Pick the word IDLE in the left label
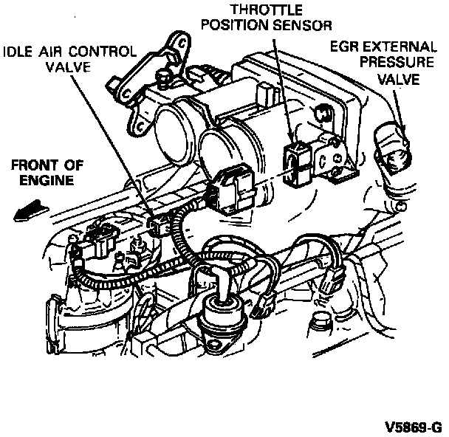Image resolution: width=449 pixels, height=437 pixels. click(x=18, y=52)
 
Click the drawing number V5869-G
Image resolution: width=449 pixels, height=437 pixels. click(x=412, y=427)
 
